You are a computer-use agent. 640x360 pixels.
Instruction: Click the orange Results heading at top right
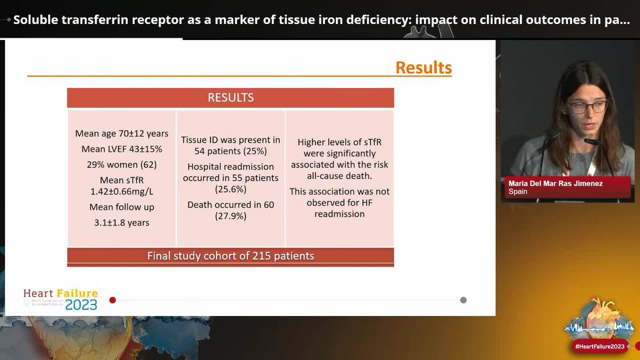pyautogui.click(x=423, y=67)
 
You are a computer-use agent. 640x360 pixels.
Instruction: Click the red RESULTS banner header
pyautogui.click(x=230, y=98)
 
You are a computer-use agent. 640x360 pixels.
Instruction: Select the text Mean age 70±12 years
pyautogui.click(x=122, y=133)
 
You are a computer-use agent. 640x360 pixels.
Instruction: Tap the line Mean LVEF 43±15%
pyautogui.click(x=122, y=149)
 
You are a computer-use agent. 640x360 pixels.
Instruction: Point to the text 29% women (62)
pyautogui.click(x=122, y=165)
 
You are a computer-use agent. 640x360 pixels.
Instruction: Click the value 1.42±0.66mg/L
pyautogui.click(x=122, y=191)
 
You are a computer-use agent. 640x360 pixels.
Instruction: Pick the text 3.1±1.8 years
pyautogui.click(x=122, y=222)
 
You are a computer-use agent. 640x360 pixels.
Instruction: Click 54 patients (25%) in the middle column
pyautogui.click(x=230, y=151)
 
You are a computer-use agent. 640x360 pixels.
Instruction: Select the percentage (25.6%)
pyautogui.click(x=230, y=189)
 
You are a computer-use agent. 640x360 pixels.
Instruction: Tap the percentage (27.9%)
pyautogui.click(x=230, y=216)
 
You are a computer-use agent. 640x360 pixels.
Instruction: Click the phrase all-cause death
pyautogui.click(x=339, y=176)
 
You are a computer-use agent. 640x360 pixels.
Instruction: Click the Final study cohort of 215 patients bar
pyautogui.click(x=230, y=255)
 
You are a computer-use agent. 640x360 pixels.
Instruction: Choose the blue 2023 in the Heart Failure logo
pyautogui.click(x=81, y=304)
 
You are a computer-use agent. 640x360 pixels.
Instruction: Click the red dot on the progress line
pyautogui.click(x=113, y=300)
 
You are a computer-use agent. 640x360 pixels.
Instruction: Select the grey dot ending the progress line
pyautogui.click(x=463, y=300)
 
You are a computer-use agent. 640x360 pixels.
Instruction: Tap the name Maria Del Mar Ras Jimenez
pyautogui.click(x=555, y=183)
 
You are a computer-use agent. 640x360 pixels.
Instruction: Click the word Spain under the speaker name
pyautogui.click(x=518, y=192)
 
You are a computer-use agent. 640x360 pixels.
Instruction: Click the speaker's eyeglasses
pyautogui.click(x=587, y=107)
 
